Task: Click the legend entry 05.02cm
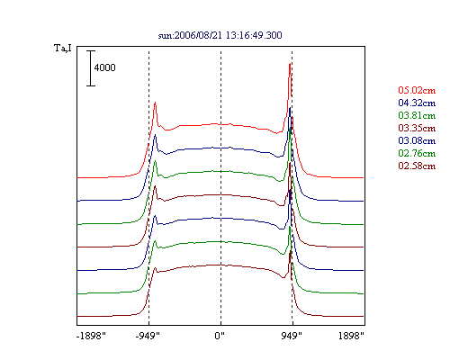click(417, 90)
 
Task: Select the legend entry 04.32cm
click(417, 103)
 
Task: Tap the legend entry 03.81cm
click(417, 115)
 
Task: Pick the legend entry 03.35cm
click(417, 128)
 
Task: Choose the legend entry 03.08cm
click(417, 140)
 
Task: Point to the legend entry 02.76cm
click(417, 153)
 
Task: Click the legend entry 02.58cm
click(417, 166)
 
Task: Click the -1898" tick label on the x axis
click(91, 336)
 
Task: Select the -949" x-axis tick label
click(148, 336)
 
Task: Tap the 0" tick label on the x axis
click(220, 336)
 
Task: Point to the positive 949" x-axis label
click(292, 336)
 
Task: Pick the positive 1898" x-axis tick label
click(351, 336)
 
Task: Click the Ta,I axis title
click(63, 48)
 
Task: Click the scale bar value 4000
click(104, 67)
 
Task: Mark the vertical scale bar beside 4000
click(91, 68)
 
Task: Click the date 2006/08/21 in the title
click(198, 35)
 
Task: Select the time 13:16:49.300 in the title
click(254, 35)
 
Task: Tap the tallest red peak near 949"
click(290, 64)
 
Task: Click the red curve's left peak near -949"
click(155, 103)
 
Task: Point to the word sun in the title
click(165, 36)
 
